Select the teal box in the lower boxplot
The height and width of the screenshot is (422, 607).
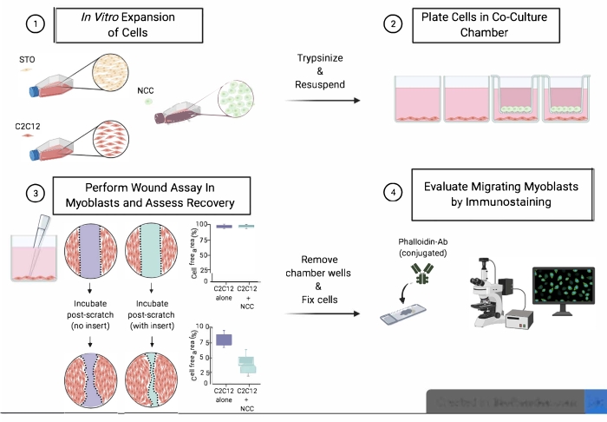click(x=247, y=363)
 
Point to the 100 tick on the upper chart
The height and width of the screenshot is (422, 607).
click(x=200, y=224)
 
